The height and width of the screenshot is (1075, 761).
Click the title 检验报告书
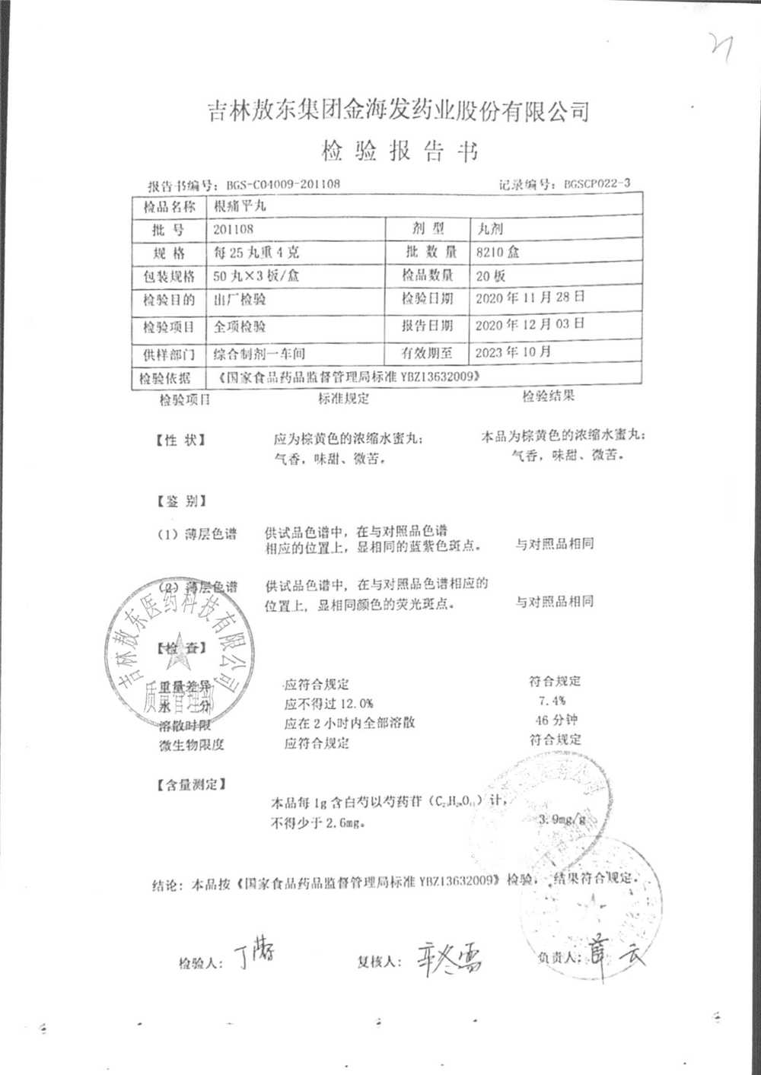399,151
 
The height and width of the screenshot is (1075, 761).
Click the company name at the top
399,112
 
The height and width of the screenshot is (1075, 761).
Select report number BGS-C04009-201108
283,184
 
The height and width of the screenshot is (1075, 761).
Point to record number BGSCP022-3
597,183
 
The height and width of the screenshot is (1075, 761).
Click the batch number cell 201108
234,229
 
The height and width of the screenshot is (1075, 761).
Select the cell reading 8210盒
498,253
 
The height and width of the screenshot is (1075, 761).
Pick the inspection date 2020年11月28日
530,297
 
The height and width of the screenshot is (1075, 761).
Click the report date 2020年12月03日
530,324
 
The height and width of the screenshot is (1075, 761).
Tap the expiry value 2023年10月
513,352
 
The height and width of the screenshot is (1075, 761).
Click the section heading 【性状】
180,440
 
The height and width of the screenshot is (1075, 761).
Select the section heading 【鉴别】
180,501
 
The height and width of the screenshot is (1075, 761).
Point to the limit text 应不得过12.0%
329,703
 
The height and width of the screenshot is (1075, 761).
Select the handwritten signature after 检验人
254,954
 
